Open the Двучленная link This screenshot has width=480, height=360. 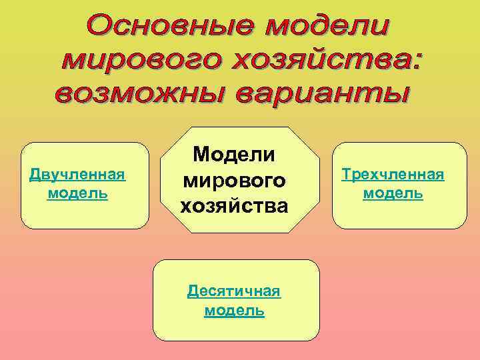(78, 175)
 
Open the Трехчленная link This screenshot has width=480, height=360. (392, 175)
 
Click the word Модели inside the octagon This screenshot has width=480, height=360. (234, 154)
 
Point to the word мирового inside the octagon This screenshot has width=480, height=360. (234, 180)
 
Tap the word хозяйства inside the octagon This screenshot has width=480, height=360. (234, 206)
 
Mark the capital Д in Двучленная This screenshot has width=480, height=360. (35, 175)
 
